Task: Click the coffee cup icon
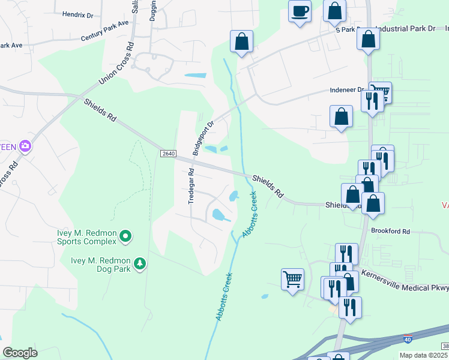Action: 300,10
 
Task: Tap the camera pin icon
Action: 25,146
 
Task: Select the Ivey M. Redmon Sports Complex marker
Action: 125,236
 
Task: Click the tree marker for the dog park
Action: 139,263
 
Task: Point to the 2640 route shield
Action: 168,154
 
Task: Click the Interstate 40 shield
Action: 408,340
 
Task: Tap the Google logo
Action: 20,353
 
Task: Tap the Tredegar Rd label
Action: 191,185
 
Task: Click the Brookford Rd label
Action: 390,231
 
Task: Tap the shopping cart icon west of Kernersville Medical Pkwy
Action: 292,278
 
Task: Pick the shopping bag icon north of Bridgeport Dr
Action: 241,41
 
